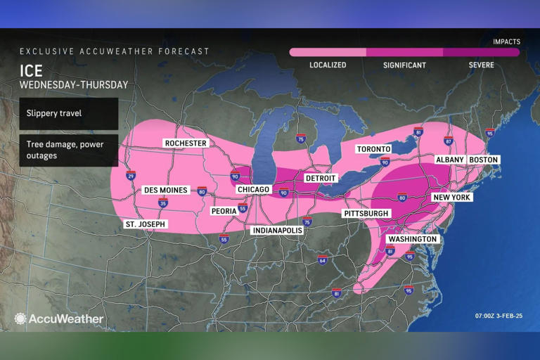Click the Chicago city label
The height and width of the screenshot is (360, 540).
click(x=253, y=190)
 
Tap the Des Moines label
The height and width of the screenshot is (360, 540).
click(x=165, y=190)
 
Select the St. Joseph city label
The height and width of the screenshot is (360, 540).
click(x=145, y=224)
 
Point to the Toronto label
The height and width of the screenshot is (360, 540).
click(x=373, y=149)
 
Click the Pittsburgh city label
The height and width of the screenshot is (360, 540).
click(x=366, y=213)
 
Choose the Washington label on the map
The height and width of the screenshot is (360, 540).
click(x=413, y=239)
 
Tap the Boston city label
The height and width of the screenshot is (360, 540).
click(x=483, y=160)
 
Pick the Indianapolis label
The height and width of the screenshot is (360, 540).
click(x=277, y=230)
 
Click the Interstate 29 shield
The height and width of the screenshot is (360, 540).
click(x=131, y=176)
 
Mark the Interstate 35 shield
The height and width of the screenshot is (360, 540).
click(x=163, y=203)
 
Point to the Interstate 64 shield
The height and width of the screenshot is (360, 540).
click(x=322, y=259)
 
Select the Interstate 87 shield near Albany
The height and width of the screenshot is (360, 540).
click(x=449, y=141)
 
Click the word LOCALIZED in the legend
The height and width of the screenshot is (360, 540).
click(x=328, y=65)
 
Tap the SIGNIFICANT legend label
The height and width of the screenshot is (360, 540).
click(x=404, y=65)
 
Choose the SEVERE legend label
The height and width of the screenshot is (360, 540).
click(x=481, y=65)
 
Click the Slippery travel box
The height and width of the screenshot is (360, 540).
click(x=68, y=113)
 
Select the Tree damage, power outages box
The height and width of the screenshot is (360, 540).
click(x=68, y=150)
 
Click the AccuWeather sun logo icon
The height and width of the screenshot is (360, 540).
click(x=20, y=319)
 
